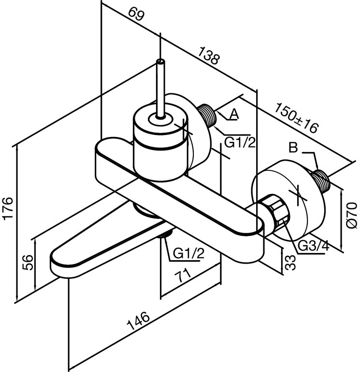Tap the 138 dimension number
[209, 56]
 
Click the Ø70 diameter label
[352, 215]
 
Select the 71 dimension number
[183, 275]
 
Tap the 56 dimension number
[28, 262]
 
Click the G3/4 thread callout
[314, 246]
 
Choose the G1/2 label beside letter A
[240, 143]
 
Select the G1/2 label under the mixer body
[188, 253]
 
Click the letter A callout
[234, 114]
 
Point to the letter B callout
[293, 148]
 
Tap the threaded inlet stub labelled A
[207, 115]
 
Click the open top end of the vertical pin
[161, 62]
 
